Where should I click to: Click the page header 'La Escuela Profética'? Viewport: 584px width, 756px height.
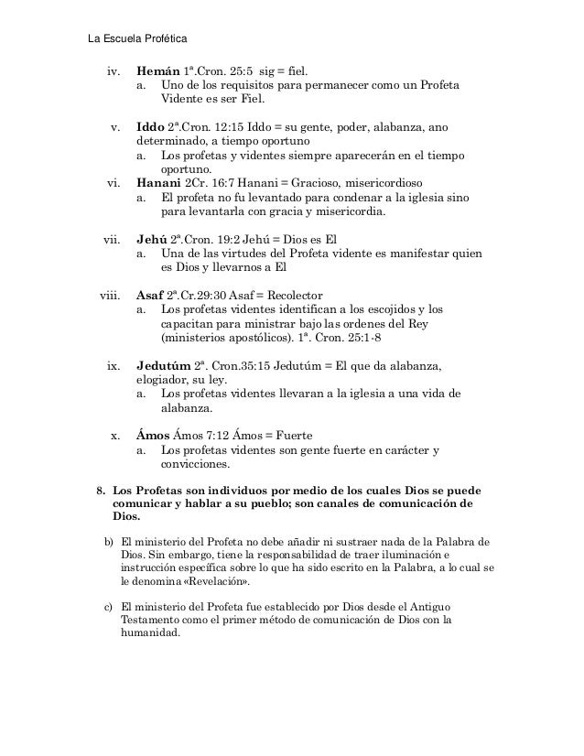click(x=135, y=38)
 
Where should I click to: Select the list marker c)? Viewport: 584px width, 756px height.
click(x=110, y=607)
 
